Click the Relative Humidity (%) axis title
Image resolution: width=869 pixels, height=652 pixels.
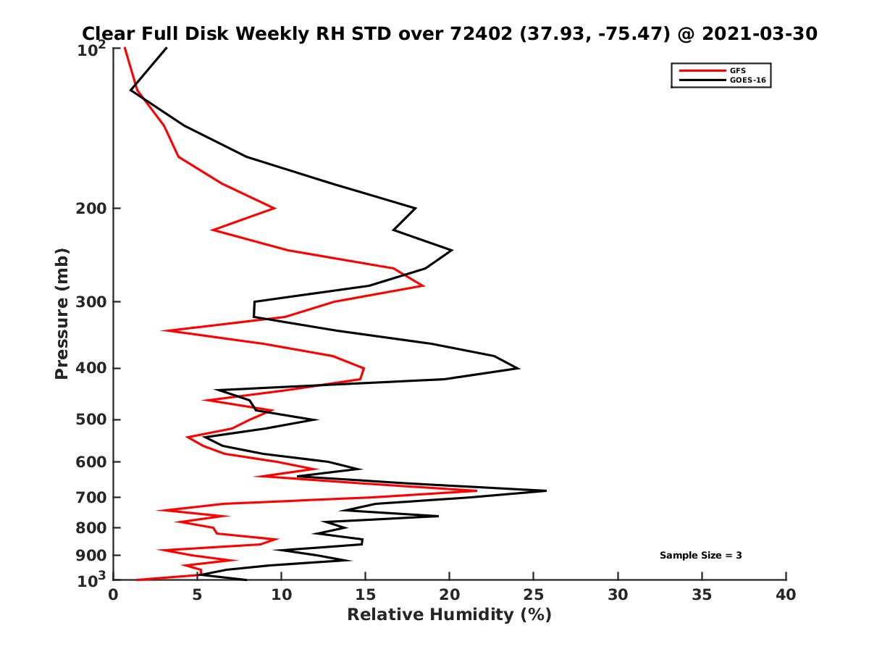coord(449,616)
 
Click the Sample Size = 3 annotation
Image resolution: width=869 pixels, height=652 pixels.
coord(700,556)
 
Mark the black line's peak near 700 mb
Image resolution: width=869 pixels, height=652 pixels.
coord(546,490)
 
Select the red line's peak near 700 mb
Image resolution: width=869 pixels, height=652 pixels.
coord(477,490)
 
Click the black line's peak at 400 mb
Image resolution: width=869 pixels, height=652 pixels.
coord(519,368)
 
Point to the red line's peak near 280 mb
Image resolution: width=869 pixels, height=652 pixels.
coord(424,286)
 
